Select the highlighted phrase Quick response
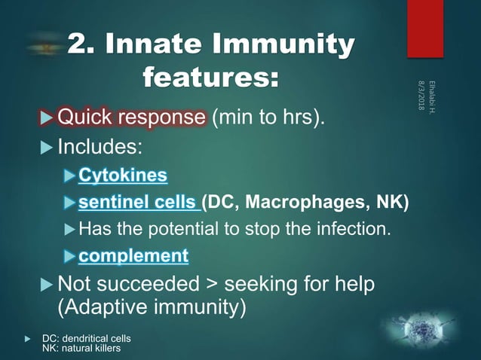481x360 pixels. (x=130, y=117)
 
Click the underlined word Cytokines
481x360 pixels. (x=123, y=175)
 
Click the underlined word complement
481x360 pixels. (x=133, y=255)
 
